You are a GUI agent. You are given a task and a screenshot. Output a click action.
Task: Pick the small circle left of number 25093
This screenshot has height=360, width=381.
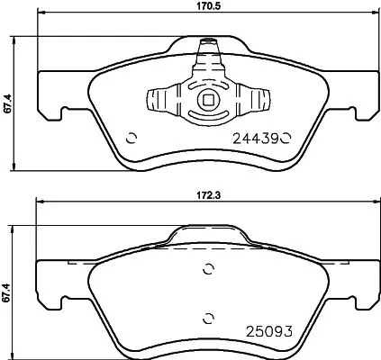pos(209,315)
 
